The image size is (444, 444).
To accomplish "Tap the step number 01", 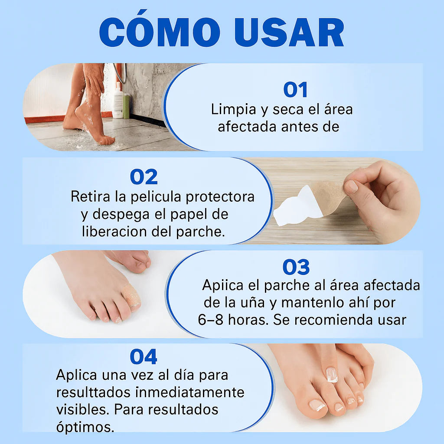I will [x=295, y=90].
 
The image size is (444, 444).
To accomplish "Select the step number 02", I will [x=144, y=177].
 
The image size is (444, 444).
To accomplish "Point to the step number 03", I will [x=296, y=268].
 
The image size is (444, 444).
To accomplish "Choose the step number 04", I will [x=144, y=357].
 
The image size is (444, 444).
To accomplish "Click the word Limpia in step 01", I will [x=234, y=109].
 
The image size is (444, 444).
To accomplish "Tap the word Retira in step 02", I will [x=91, y=196].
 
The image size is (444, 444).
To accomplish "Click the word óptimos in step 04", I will [x=85, y=427].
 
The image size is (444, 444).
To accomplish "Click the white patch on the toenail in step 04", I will [x=332, y=374].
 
